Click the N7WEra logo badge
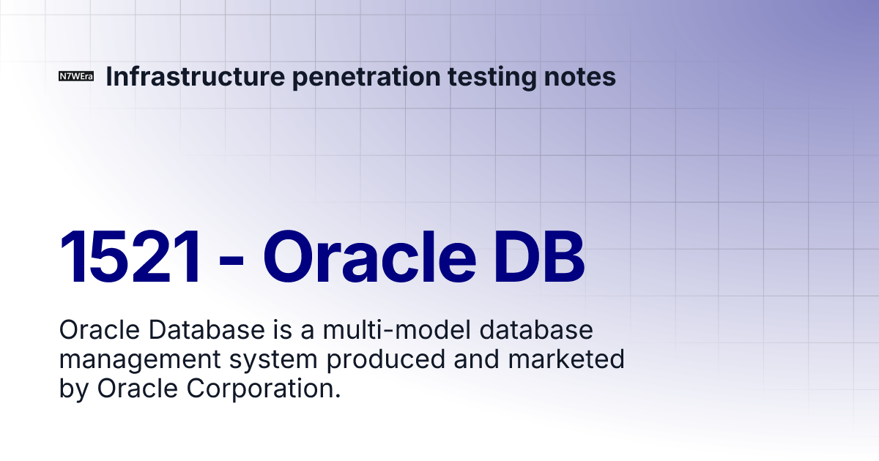(x=76, y=77)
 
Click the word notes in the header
(x=582, y=76)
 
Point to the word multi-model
(x=396, y=331)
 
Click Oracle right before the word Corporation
(x=142, y=389)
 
